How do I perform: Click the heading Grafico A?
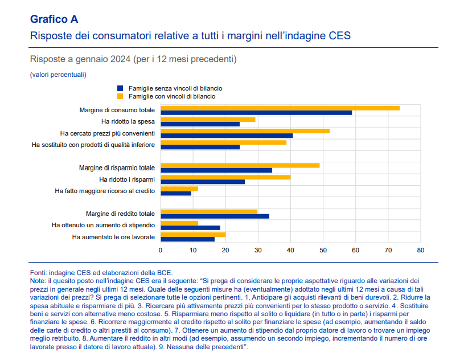pos(54,19)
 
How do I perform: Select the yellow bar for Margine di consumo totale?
pos(280,108)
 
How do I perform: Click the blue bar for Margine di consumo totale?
pos(256,113)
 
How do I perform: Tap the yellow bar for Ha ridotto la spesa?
pos(208,119)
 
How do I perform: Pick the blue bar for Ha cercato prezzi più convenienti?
pos(227,136)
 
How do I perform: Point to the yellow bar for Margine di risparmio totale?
pos(240,165)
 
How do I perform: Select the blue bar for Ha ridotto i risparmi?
pos(203,182)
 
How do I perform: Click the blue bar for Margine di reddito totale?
pos(215,216)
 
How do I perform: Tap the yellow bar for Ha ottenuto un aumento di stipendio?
pos(179,223)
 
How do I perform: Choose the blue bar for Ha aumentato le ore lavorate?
pos(187,239)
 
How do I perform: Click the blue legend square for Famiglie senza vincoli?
pos(120,88)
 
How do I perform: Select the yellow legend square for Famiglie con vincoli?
pos(120,96)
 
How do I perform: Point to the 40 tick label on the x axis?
pos(290,250)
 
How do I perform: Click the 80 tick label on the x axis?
pos(421,250)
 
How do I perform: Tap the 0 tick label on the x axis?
pos(161,250)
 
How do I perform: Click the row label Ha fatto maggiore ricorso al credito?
pos(105,191)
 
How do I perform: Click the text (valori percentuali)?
pos(58,75)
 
